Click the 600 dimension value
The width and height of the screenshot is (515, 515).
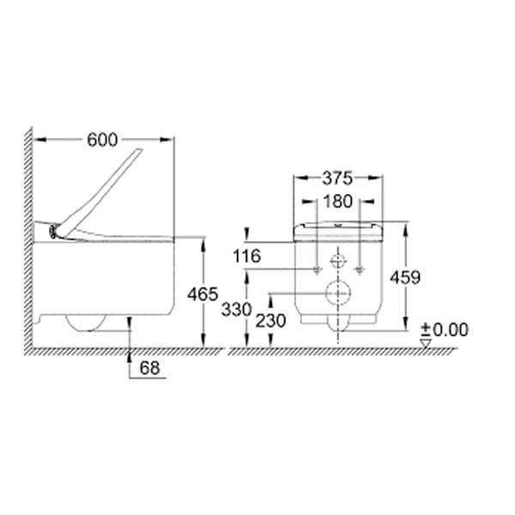pos(102,140)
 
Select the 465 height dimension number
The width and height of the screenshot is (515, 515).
pos(203,294)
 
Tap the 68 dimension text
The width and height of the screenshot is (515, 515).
pos(149,368)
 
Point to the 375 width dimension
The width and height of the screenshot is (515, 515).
pos(337,179)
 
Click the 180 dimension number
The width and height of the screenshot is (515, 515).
pos(338,202)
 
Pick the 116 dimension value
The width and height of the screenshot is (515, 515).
pos(246,256)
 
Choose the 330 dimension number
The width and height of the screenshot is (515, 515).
pos(237,309)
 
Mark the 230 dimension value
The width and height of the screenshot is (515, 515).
pos(270,320)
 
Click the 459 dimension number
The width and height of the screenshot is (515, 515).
pos(405,277)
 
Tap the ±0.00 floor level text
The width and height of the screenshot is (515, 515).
pos(445,330)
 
